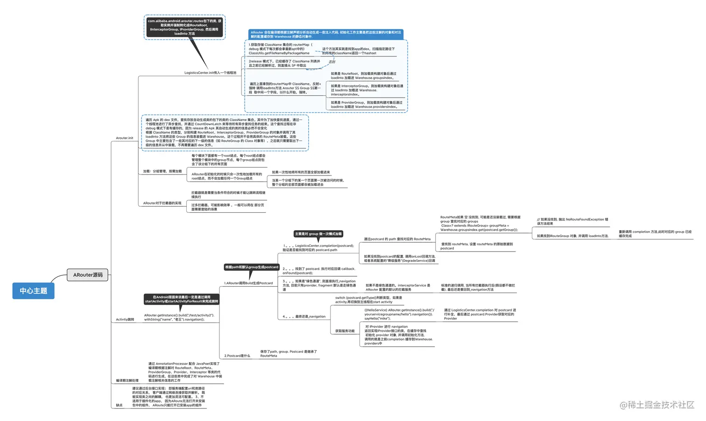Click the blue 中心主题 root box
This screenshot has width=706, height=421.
(x=33, y=291)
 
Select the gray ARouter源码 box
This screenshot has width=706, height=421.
(x=88, y=275)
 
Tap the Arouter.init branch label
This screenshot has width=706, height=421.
(x=125, y=138)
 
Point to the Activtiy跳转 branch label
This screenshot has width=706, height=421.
(x=125, y=320)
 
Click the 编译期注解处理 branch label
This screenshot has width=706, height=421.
(x=127, y=381)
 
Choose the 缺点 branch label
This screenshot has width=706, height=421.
(x=119, y=405)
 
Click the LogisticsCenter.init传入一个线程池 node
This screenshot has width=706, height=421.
(x=210, y=73)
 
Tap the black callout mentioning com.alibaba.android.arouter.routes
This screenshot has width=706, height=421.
(x=184, y=27)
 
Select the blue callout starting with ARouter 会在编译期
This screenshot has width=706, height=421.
(x=326, y=35)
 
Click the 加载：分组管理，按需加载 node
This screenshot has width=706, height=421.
(x=162, y=171)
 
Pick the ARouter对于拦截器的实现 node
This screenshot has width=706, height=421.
(x=162, y=203)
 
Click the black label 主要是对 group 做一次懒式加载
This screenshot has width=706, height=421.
(x=318, y=234)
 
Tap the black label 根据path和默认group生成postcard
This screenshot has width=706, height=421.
(x=252, y=267)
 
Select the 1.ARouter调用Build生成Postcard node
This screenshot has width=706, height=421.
(x=248, y=283)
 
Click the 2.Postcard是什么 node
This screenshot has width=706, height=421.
(x=237, y=356)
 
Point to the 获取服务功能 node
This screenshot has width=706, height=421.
(x=345, y=331)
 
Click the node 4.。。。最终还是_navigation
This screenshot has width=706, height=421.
(x=304, y=316)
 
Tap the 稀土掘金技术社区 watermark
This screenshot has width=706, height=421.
(x=657, y=405)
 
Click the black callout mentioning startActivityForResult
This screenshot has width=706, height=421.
(x=182, y=299)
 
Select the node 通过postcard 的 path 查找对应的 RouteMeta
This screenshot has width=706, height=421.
(x=397, y=239)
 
